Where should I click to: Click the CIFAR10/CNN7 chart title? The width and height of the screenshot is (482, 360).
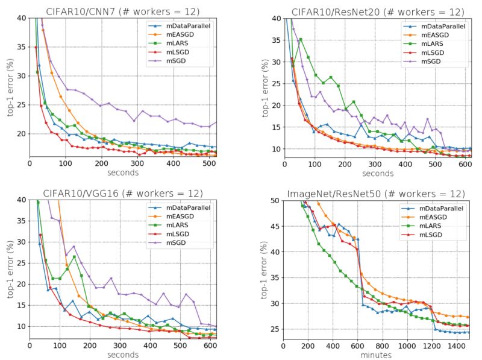click(124, 11)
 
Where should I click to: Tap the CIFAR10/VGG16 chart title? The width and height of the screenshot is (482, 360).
click(124, 193)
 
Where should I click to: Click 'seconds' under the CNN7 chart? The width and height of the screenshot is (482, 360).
click(124, 173)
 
